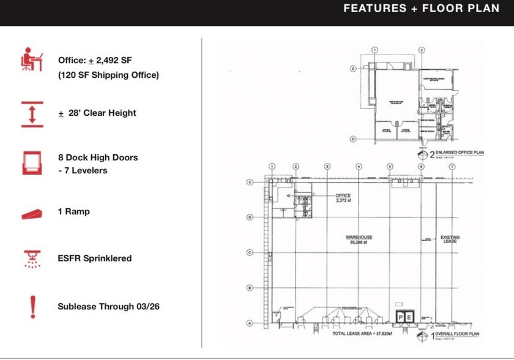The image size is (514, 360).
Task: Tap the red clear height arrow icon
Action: click(x=32, y=114)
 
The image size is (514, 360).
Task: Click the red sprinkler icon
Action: click(x=32, y=258)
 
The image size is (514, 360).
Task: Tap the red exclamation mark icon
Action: click(x=32, y=306)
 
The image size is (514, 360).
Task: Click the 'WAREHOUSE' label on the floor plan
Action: click(x=359, y=237)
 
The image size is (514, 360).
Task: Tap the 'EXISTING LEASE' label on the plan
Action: click(x=450, y=239)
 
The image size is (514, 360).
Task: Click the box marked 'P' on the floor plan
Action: click(x=401, y=317)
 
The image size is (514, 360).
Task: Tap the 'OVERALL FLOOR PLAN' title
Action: click(x=457, y=335)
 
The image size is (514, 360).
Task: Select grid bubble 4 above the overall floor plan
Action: click(x=359, y=167)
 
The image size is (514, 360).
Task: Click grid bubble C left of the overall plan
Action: click(x=250, y=252)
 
